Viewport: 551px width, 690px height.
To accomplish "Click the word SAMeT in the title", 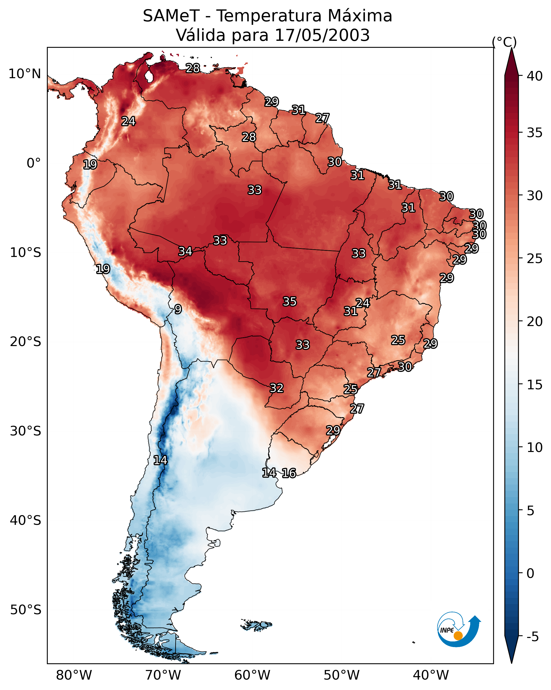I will pos(171,16).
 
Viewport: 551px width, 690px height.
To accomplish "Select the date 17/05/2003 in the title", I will pos(322,35).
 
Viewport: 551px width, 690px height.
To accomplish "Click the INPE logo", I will pos(459,631).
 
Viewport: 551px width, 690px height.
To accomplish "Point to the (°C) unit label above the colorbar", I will pos(504,42).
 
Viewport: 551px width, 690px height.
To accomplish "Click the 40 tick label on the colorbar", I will pos(535,76).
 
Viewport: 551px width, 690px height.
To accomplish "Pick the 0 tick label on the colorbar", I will pos(530,573).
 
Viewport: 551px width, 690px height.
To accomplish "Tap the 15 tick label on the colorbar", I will pos(535,385).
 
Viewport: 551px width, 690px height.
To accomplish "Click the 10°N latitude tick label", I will pos(25,74).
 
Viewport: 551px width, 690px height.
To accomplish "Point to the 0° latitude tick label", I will pos(34,163).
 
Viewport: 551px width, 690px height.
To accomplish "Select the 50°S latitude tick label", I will pos(26,610).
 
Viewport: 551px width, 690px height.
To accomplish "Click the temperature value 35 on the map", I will pos(290,302).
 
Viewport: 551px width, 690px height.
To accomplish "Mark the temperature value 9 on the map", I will pos(178,309).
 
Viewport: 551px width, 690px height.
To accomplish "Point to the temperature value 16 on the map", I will pos(289,473).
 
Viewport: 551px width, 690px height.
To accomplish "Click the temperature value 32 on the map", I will pos(277,388).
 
